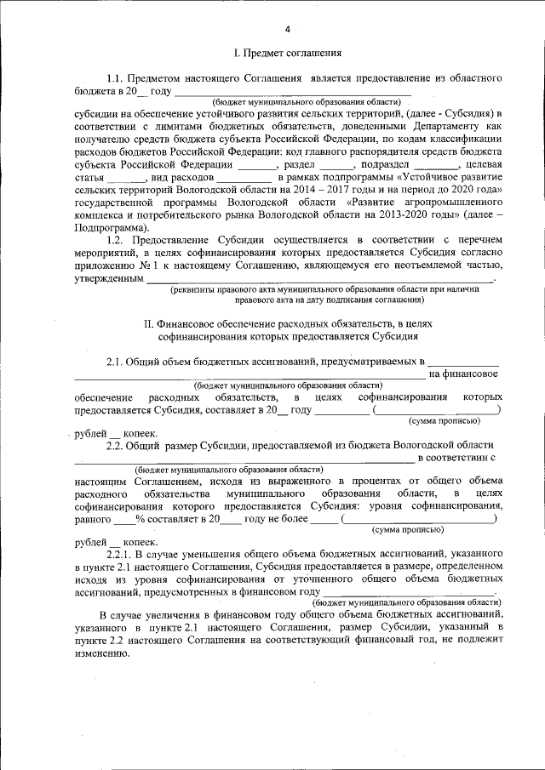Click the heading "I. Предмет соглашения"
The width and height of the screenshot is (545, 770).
[288, 54]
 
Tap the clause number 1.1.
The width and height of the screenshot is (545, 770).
[115, 78]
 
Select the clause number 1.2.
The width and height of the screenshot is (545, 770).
[115, 241]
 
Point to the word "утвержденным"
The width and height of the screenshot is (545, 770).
[108, 279]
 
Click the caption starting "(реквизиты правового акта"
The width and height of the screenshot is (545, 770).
[305, 290]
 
